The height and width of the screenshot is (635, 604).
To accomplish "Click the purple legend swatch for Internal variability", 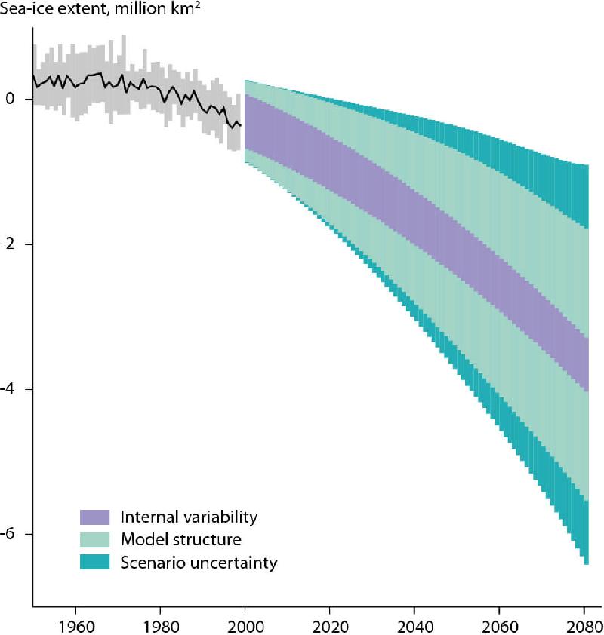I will point(95,517).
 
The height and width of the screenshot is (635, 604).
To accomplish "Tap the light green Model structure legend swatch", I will point(95,540).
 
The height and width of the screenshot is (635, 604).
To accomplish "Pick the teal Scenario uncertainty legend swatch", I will point(95,563).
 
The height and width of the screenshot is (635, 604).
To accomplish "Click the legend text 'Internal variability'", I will point(189,517).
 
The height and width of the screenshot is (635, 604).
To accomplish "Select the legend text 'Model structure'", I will point(180,540).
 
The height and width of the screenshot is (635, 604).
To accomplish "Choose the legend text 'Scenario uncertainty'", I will point(199,563).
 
